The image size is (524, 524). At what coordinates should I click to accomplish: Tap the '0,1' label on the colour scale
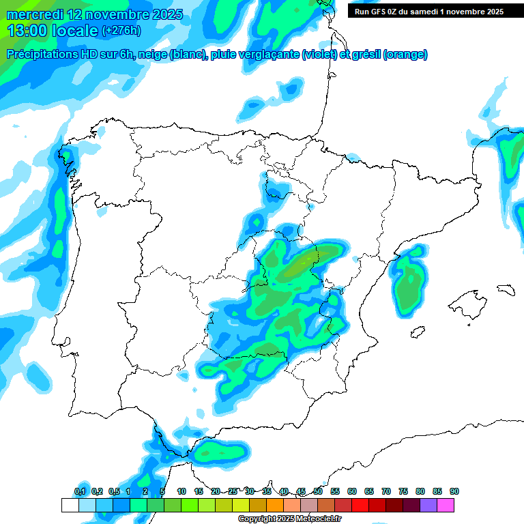tap(80, 491)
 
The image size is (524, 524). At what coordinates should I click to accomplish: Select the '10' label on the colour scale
tap(181, 491)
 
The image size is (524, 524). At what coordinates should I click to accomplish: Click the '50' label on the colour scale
tap(318, 491)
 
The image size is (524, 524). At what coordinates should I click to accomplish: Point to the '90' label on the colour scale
tap(454, 491)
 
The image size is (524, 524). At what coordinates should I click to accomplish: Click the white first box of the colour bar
tap(70, 505)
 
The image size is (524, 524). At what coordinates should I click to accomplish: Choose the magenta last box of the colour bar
tap(446, 505)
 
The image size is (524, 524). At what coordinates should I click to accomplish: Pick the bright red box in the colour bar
tap(360, 505)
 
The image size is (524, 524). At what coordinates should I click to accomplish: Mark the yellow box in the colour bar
tap(241, 505)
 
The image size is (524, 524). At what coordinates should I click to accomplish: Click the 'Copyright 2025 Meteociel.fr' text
tap(289, 519)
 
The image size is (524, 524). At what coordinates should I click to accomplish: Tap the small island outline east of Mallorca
tap(506, 289)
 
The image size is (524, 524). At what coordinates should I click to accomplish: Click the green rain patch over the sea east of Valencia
tap(408, 287)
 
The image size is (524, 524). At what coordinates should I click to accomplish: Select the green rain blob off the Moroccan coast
tap(220, 451)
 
